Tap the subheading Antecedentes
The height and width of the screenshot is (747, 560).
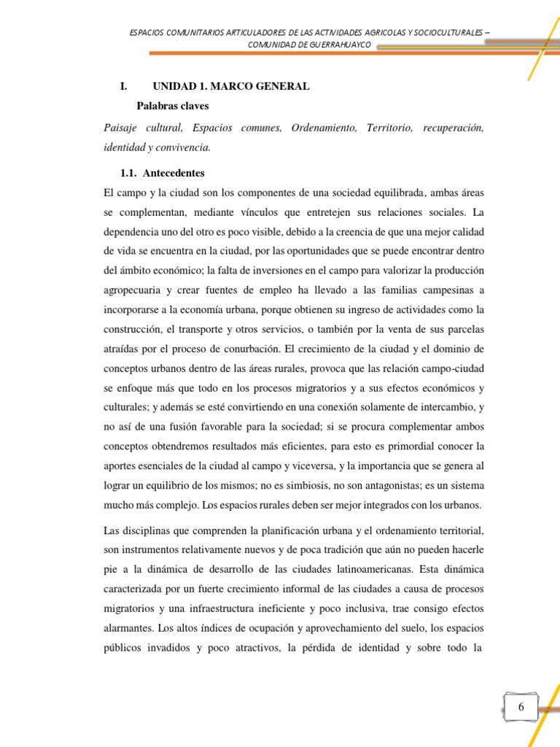[x=174, y=174]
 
